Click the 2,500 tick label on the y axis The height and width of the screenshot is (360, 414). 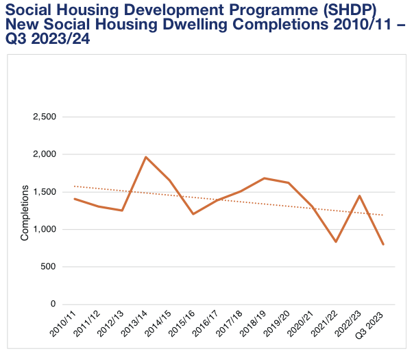[45, 117]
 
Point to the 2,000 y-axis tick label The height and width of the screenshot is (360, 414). [45, 154]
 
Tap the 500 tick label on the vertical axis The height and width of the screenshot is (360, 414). [49, 267]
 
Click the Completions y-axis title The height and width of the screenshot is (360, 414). [25, 212]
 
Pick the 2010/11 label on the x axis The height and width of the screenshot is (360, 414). [62, 323]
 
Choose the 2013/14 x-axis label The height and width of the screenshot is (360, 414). [134, 323]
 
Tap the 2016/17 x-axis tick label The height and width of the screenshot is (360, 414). [205, 323]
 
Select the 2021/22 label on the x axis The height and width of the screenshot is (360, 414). [324, 323]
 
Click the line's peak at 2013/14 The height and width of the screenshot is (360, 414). [146, 157]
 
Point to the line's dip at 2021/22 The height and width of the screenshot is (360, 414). [336, 242]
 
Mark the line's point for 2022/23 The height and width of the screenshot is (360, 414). [360, 196]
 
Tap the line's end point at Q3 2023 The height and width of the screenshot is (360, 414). [383, 244]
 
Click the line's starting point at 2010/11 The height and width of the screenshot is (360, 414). [74, 199]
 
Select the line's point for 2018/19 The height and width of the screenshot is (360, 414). [265, 178]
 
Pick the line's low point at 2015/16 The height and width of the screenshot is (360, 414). [193, 214]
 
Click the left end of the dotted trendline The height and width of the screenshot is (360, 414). [74, 186]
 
